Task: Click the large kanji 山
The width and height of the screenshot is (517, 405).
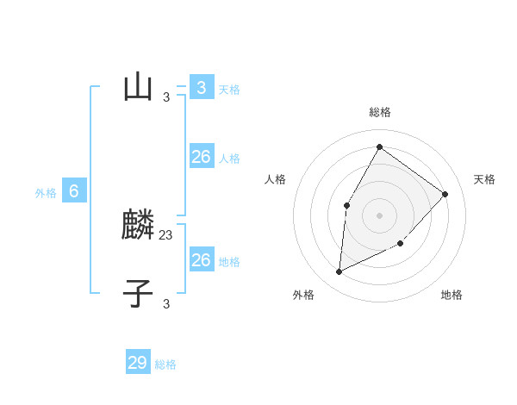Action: [138, 87]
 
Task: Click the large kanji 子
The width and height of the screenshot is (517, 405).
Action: [138, 294]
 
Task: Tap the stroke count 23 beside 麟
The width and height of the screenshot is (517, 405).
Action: [166, 234]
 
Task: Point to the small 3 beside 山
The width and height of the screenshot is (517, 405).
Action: [166, 97]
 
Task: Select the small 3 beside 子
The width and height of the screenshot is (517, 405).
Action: [166, 303]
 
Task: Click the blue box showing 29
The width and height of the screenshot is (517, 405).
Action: [138, 363]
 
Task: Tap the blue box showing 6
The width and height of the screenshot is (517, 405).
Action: [74, 191]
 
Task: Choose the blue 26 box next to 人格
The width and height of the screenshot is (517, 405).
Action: [202, 157]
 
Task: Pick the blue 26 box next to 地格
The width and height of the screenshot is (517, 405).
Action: [202, 260]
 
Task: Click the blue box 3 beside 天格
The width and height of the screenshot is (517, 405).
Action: [202, 87]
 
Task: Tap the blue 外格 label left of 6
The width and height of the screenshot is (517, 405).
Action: [46, 193]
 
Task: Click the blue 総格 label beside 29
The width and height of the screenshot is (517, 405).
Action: [165, 364]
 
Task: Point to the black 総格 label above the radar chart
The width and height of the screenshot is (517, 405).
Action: [380, 112]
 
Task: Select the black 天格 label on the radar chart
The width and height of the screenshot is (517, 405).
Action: [484, 179]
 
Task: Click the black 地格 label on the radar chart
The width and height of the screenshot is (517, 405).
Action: [452, 295]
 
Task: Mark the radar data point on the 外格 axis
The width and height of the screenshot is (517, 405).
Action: [339, 272]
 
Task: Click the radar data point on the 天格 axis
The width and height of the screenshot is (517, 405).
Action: [445, 194]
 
